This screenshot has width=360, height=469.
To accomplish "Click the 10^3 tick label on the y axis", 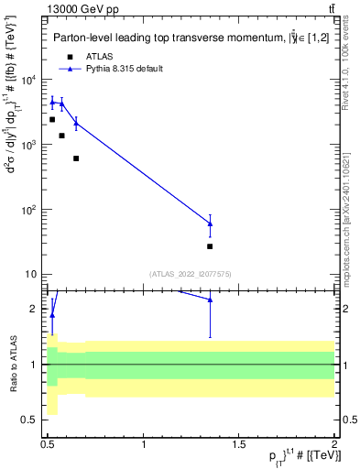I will point(30,145).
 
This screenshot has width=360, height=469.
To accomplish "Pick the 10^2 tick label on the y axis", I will point(30,210).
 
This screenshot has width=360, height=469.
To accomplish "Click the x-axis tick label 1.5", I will point(239,444).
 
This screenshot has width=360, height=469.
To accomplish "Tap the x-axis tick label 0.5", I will point(49,444).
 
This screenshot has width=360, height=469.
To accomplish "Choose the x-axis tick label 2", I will point(334,444).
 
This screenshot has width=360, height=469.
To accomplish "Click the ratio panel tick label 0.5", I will point(32,420).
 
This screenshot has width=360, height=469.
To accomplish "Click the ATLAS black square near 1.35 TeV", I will point(210,246).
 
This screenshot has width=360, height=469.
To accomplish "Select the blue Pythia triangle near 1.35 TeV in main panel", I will point(210,224).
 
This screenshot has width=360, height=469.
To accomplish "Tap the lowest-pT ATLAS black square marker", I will point(52,119).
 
